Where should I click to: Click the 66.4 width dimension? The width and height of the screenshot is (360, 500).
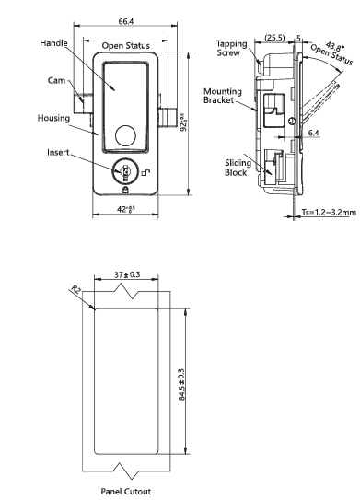tap(126, 21)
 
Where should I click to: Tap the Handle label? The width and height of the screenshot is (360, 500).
tap(54, 43)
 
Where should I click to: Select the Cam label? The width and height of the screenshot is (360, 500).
tap(56, 80)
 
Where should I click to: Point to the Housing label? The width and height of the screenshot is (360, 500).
tap(53, 118)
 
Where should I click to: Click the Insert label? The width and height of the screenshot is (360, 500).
tap(58, 153)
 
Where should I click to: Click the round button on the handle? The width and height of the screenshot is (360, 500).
tap(125, 136)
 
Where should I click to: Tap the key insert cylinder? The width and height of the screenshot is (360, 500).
tap(125, 170)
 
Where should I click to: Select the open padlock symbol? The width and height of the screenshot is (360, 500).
tap(146, 172)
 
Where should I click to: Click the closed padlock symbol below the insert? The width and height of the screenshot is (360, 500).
tap(125, 191)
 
